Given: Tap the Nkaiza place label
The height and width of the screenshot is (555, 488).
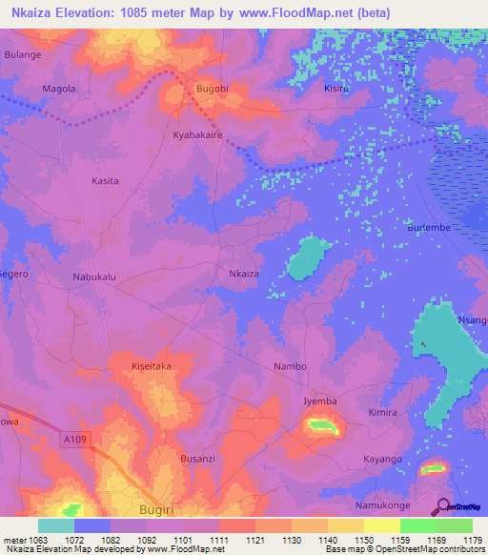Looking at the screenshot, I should pos(244,274).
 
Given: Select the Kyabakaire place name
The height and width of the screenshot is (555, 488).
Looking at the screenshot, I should pos(196,136).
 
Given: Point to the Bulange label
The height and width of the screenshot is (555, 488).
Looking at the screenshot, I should pos(22,55).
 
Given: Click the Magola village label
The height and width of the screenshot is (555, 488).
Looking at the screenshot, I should pos(59,89).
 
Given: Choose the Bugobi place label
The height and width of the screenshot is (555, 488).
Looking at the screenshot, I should pos(212,89).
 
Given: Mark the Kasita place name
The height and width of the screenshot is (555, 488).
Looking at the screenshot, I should pos(105,181).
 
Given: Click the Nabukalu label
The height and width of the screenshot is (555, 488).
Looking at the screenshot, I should pos(94,277).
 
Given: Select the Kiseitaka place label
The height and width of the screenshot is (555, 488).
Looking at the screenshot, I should pos(151,365).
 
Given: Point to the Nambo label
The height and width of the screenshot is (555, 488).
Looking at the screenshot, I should pos(290,366).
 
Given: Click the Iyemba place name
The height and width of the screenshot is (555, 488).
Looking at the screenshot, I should pos(320,401).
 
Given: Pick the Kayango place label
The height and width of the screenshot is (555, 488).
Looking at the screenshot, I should pos(384,460).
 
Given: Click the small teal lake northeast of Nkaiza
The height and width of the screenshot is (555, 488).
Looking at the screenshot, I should pos(307,257).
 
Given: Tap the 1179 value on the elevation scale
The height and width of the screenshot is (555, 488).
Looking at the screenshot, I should pos(473,540).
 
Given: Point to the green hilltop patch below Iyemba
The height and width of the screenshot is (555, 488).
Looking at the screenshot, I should pos(322,425).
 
